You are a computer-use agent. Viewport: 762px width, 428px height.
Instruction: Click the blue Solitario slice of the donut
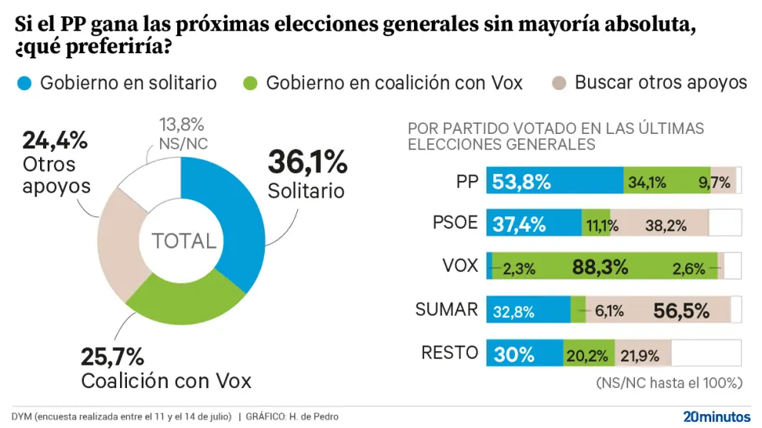(x=231, y=231)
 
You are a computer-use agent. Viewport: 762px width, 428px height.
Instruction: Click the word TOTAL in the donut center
(x=183, y=241)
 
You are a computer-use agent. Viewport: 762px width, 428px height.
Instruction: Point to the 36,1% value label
(x=307, y=162)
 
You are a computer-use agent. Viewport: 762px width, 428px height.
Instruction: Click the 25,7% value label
(x=112, y=356)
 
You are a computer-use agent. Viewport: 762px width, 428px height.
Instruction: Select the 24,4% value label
(x=55, y=140)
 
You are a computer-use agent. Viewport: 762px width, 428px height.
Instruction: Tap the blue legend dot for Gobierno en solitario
(x=24, y=83)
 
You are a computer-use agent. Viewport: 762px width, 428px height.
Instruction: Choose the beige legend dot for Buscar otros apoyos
(x=559, y=83)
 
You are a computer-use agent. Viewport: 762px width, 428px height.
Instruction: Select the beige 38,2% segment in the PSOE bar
(x=659, y=224)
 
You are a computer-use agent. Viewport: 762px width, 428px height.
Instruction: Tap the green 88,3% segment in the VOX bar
(x=600, y=266)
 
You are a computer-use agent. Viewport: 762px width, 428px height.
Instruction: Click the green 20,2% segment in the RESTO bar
(x=588, y=353)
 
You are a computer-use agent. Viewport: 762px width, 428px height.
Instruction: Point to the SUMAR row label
(x=446, y=309)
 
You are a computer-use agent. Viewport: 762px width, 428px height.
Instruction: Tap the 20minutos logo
(x=716, y=416)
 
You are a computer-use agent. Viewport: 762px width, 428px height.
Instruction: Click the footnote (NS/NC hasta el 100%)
(x=669, y=383)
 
